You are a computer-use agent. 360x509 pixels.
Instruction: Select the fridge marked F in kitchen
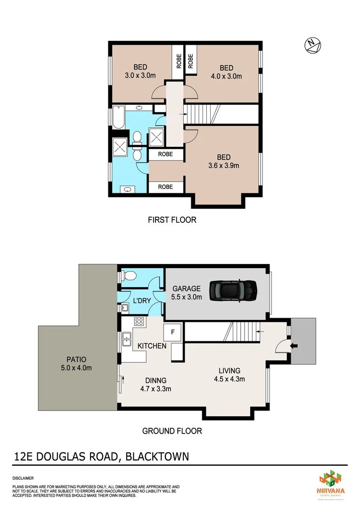(x=172, y=332)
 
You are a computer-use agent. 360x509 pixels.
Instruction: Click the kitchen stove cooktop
(x=139, y=322)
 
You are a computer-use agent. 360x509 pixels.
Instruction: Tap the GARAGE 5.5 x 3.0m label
(x=187, y=293)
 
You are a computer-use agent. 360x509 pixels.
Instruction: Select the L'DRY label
(x=141, y=301)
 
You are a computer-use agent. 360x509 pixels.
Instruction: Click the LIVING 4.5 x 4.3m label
(x=229, y=375)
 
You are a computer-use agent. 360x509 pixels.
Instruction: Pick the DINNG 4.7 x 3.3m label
(x=155, y=385)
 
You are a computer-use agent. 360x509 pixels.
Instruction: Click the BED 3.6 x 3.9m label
(x=223, y=161)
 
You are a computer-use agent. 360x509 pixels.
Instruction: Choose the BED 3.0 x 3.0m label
(x=140, y=71)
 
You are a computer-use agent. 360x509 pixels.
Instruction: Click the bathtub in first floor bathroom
(x=119, y=118)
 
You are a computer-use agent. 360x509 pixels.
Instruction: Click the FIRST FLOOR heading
(x=172, y=220)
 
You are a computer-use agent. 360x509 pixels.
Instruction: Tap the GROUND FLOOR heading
(x=172, y=431)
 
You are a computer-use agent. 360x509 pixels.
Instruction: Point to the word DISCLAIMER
(x=23, y=478)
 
